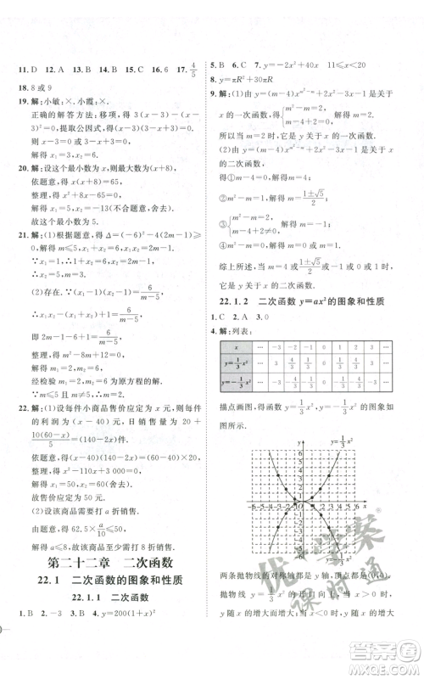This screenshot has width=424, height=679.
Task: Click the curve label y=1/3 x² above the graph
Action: (x=342, y=441)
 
